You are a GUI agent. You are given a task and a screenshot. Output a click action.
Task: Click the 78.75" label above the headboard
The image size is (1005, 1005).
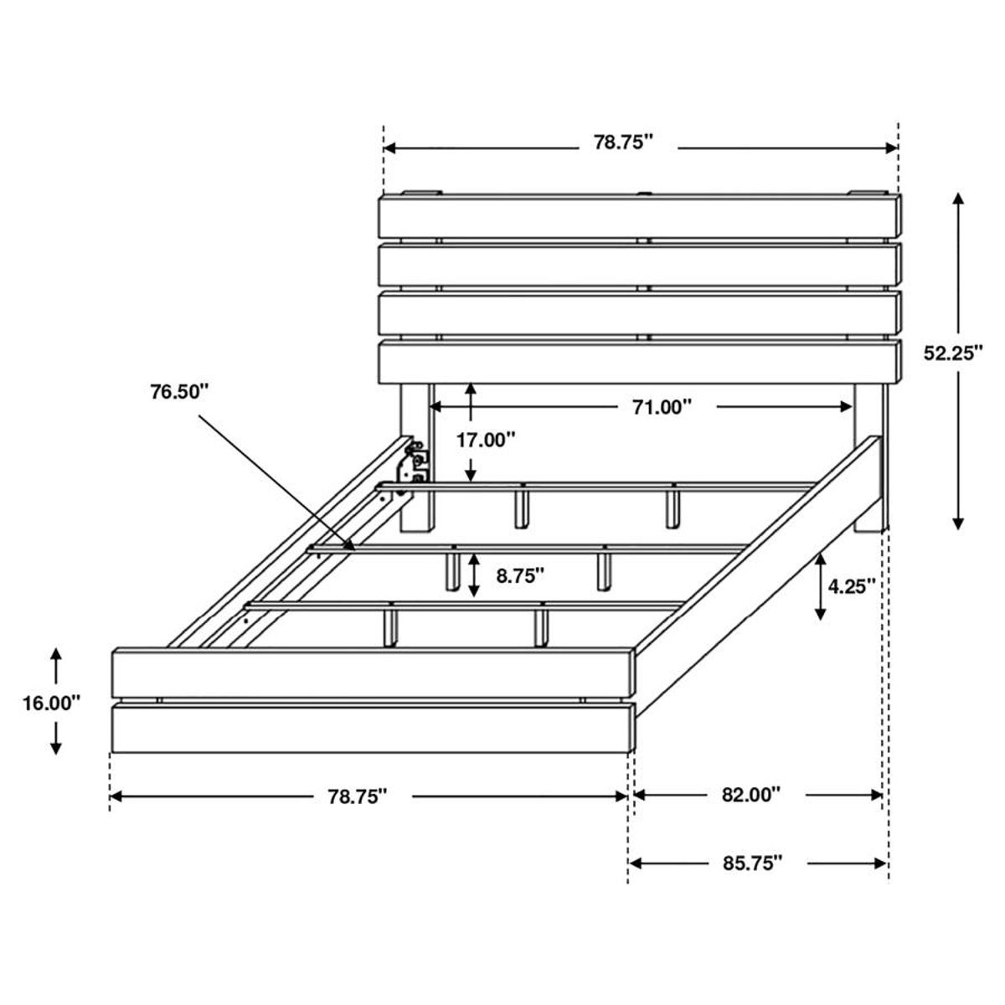coord(623,142)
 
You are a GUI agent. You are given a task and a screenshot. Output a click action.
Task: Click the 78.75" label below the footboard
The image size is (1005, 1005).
coord(358,796)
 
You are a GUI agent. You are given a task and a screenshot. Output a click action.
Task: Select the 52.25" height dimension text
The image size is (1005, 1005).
coord(953,353)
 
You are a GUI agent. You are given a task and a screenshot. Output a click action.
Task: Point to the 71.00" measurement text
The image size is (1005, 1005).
coord(662,407)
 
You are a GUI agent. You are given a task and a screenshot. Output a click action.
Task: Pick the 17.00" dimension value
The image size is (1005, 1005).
coord(486,439)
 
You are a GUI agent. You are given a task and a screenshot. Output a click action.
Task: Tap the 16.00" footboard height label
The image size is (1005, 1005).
coord(52,703)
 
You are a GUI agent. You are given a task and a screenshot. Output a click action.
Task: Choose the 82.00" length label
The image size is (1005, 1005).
coord(751,795)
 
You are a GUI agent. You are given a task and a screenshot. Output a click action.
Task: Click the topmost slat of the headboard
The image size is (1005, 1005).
coord(641,216)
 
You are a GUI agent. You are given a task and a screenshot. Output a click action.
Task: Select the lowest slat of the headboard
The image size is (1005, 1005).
coord(641,361)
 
